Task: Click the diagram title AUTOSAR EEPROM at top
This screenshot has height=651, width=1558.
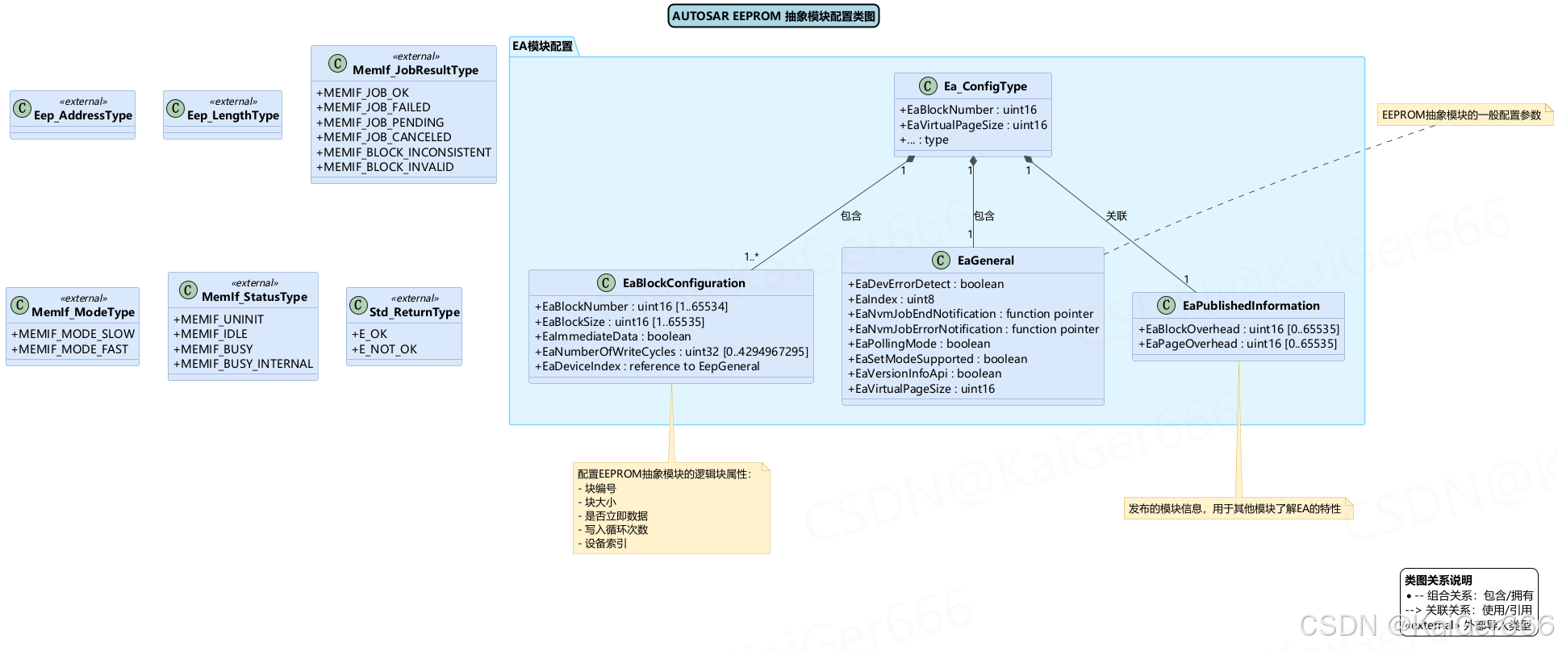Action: point(773,16)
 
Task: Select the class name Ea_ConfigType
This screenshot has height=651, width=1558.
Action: point(984,86)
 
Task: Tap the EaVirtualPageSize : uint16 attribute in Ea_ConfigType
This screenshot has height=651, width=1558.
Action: point(973,125)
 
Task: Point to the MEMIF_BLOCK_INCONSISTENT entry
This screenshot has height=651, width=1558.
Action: point(403,152)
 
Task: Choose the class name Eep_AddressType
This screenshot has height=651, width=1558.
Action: point(82,115)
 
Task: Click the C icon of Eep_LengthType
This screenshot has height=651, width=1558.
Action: point(175,108)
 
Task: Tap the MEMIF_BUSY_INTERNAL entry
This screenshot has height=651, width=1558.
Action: point(243,364)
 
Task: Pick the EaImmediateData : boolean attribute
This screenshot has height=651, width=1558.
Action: point(612,336)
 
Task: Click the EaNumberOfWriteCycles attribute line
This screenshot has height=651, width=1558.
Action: point(670,352)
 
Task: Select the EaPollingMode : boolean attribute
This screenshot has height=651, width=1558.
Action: point(918,344)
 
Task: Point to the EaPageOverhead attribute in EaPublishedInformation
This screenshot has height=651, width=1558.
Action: point(1237,344)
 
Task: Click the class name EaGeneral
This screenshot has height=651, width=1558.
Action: point(985,261)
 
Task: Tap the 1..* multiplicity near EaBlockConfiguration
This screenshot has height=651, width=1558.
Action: point(750,257)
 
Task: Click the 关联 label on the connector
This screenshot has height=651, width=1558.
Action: point(1116,215)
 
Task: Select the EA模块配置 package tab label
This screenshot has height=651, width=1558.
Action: point(542,46)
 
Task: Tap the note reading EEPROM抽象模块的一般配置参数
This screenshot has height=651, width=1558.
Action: point(1461,115)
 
